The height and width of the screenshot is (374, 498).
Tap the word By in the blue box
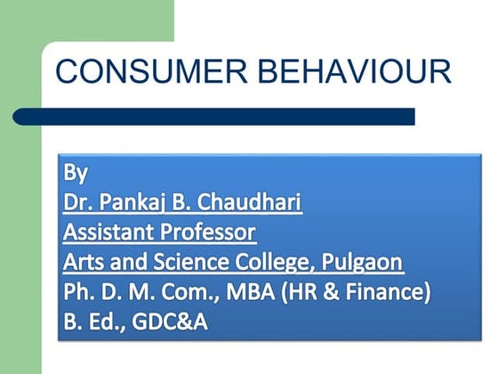tap(76, 172)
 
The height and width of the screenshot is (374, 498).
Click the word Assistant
tap(105, 232)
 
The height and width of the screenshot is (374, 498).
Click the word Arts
tap(83, 263)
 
